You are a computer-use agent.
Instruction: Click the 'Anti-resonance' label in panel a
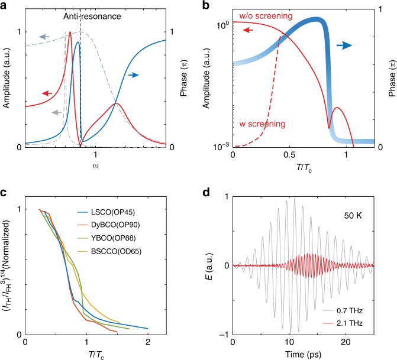[92, 17]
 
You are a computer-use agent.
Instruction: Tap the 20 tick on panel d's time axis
[346, 342]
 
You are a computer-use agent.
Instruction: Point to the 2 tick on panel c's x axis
[148, 342]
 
